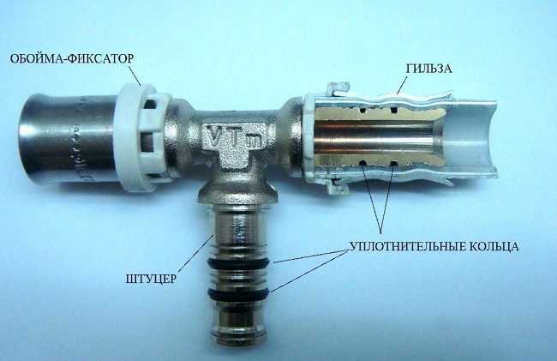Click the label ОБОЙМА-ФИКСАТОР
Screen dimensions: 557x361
[x=71, y=58]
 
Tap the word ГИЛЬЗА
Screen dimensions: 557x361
[x=428, y=69]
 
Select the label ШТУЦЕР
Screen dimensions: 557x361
[x=151, y=279]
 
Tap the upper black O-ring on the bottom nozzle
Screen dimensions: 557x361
[x=239, y=263]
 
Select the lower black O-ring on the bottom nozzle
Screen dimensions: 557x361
[x=239, y=295]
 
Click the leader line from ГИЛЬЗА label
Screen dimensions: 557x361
[x=403, y=84]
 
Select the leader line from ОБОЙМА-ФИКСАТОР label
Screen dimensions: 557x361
[x=135, y=75]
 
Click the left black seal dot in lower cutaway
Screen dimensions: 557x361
[x=363, y=163]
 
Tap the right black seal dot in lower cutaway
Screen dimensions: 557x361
[x=393, y=164]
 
